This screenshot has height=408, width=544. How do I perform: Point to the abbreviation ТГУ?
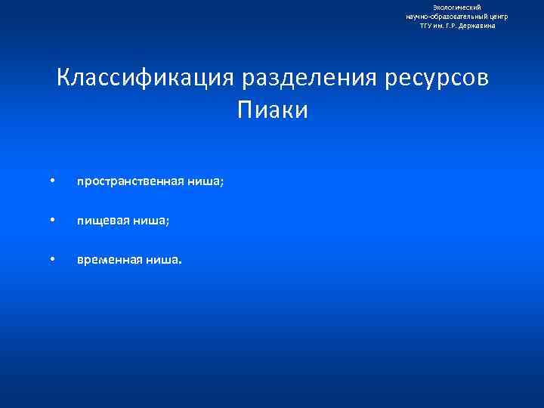click(427, 26)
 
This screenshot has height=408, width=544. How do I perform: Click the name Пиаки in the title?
click(273, 110)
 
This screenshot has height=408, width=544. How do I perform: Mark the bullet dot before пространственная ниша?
click(52, 181)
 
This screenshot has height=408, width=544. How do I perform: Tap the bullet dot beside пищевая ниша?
click(52, 221)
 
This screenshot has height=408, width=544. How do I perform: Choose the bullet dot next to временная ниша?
click(52, 260)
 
